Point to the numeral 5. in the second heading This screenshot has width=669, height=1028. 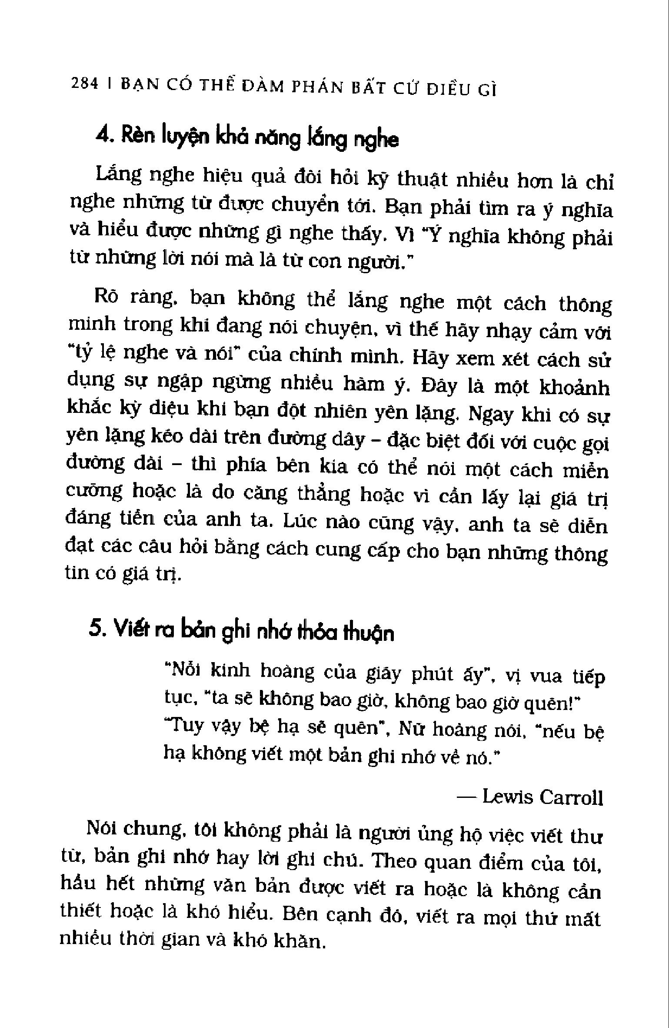(97, 629)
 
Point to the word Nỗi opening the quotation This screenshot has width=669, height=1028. (183, 670)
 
